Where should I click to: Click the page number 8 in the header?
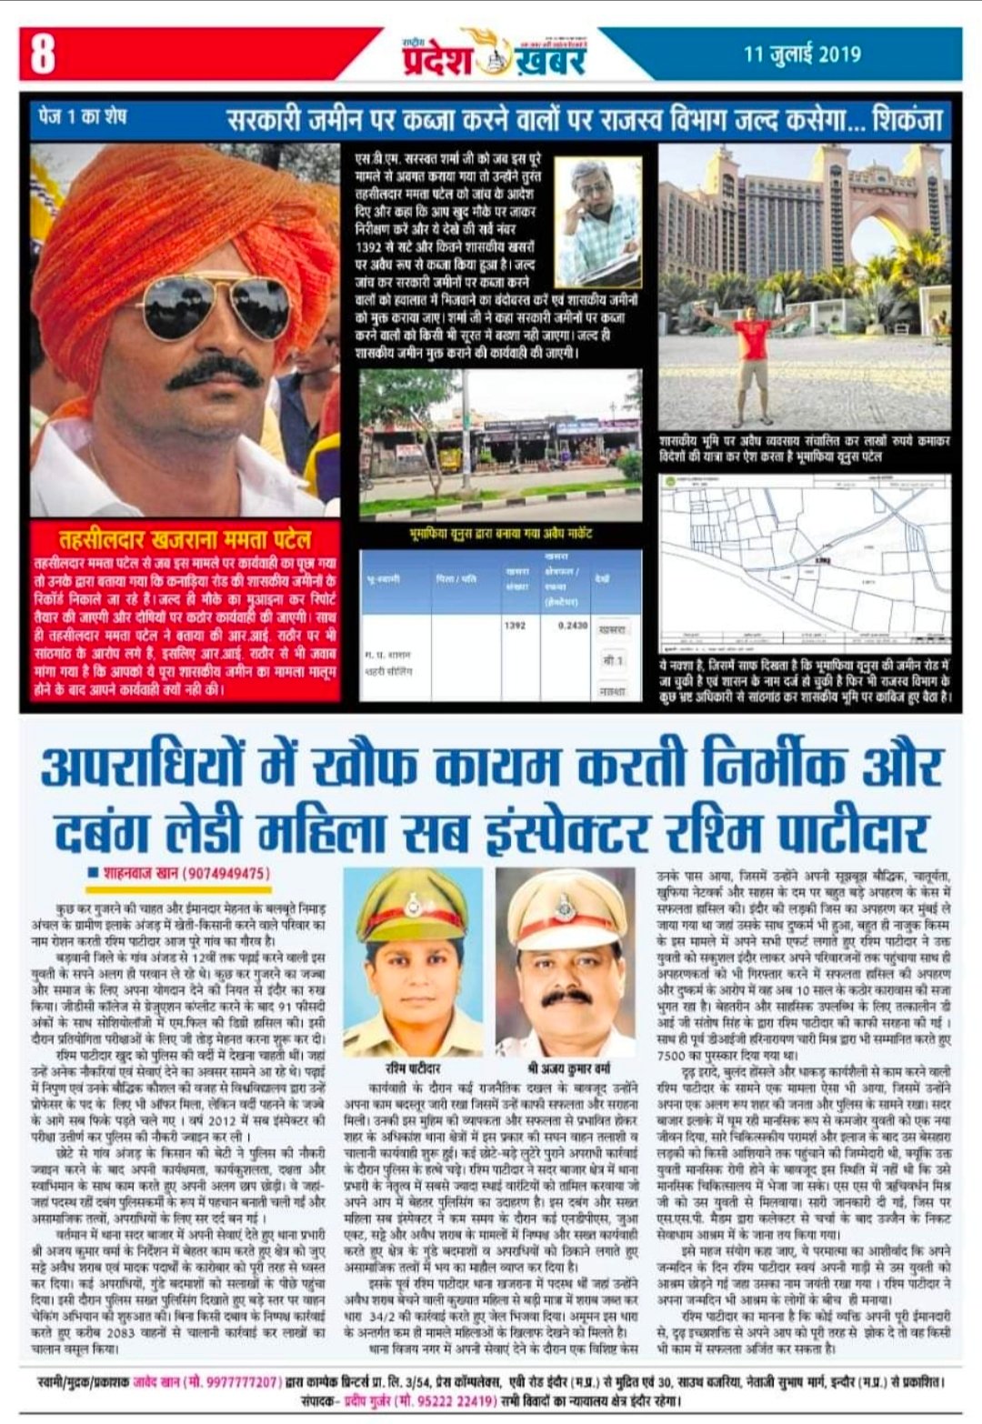42,53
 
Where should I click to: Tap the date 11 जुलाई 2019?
801,55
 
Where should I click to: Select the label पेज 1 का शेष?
83,117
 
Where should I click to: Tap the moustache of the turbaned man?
215,369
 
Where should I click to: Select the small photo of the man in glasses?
597,210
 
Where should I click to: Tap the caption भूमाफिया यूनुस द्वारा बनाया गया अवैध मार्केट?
500,533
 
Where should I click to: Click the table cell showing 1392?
514,626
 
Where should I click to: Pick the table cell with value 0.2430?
572,626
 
